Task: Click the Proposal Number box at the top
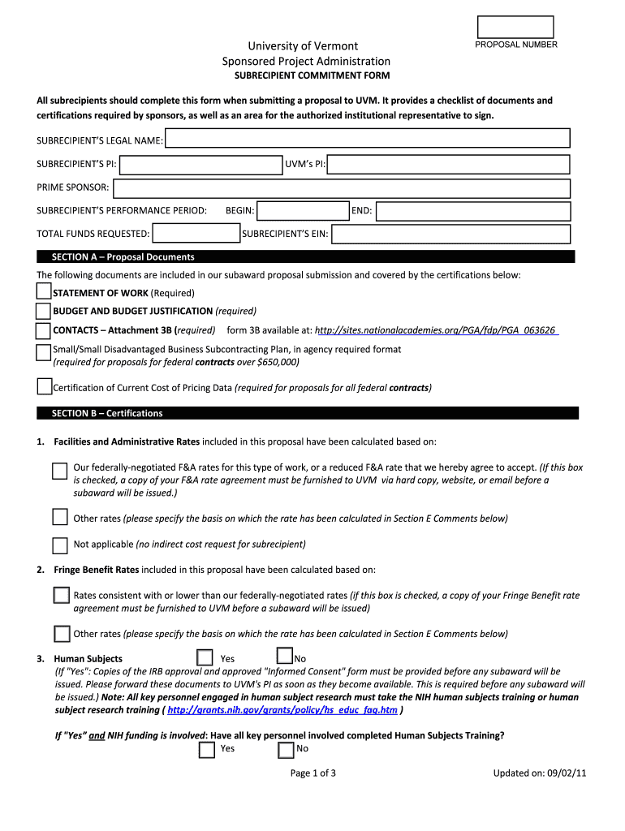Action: pyautogui.click(x=515, y=27)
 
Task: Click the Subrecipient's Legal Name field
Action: pyautogui.click(x=369, y=141)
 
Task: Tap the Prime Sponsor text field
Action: pyautogui.click(x=342, y=188)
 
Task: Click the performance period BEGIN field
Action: pyautogui.click(x=302, y=211)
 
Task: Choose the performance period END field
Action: pyautogui.click(x=473, y=211)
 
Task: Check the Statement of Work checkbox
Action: pyautogui.click(x=44, y=291)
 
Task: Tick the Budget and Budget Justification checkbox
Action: pyautogui.click(x=44, y=311)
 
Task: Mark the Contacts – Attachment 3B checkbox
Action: pyautogui.click(x=44, y=330)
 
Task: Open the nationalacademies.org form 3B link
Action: pyautogui.click(x=436, y=330)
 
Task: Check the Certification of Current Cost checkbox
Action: pyautogui.click(x=45, y=386)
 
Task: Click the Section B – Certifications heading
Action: pyautogui.click(x=107, y=413)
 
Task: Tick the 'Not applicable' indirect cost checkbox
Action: pyautogui.click(x=60, y=545)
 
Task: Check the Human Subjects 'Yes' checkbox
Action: pyautogui.click(x=206, y=658)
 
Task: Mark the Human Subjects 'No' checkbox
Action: pyautogui.click(x=284, y=656)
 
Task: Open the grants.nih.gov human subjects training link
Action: pyautogui.click(x=282, y=710)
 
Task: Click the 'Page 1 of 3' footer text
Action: pyautogui.click(x=313, y=773)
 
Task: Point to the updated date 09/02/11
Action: pyautogui.click(x=540, y=773)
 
